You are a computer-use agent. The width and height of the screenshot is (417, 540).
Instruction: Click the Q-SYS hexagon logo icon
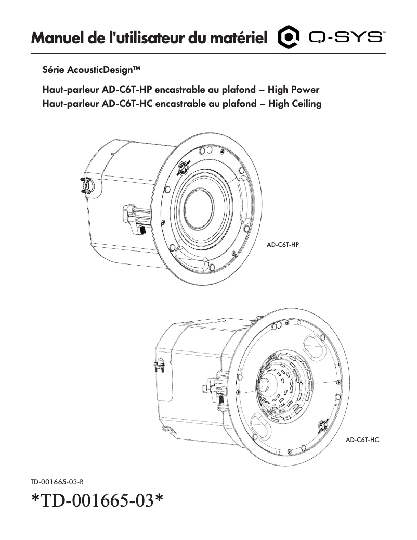pyautogui.click(x=289, y=37)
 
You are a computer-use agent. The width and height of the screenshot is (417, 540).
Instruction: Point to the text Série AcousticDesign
pyautogui.click(x=91, y=70)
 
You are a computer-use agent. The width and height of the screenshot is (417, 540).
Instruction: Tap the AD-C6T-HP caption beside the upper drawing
pyautogui.click(x=282, y=245)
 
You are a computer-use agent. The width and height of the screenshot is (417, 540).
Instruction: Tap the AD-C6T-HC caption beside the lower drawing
pyautogui.click(x=362, y=440)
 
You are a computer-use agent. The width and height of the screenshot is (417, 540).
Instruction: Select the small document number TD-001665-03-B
pyautogui.click(x=57, y=482)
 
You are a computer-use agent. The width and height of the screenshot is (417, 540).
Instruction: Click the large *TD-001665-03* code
pyautogui.click(x=97, y=500)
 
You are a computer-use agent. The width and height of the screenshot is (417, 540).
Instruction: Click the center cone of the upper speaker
pyautogui.click(x=198, y=208)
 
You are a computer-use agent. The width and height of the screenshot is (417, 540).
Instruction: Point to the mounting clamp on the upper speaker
pyautogui.click(x=136, y=220)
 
